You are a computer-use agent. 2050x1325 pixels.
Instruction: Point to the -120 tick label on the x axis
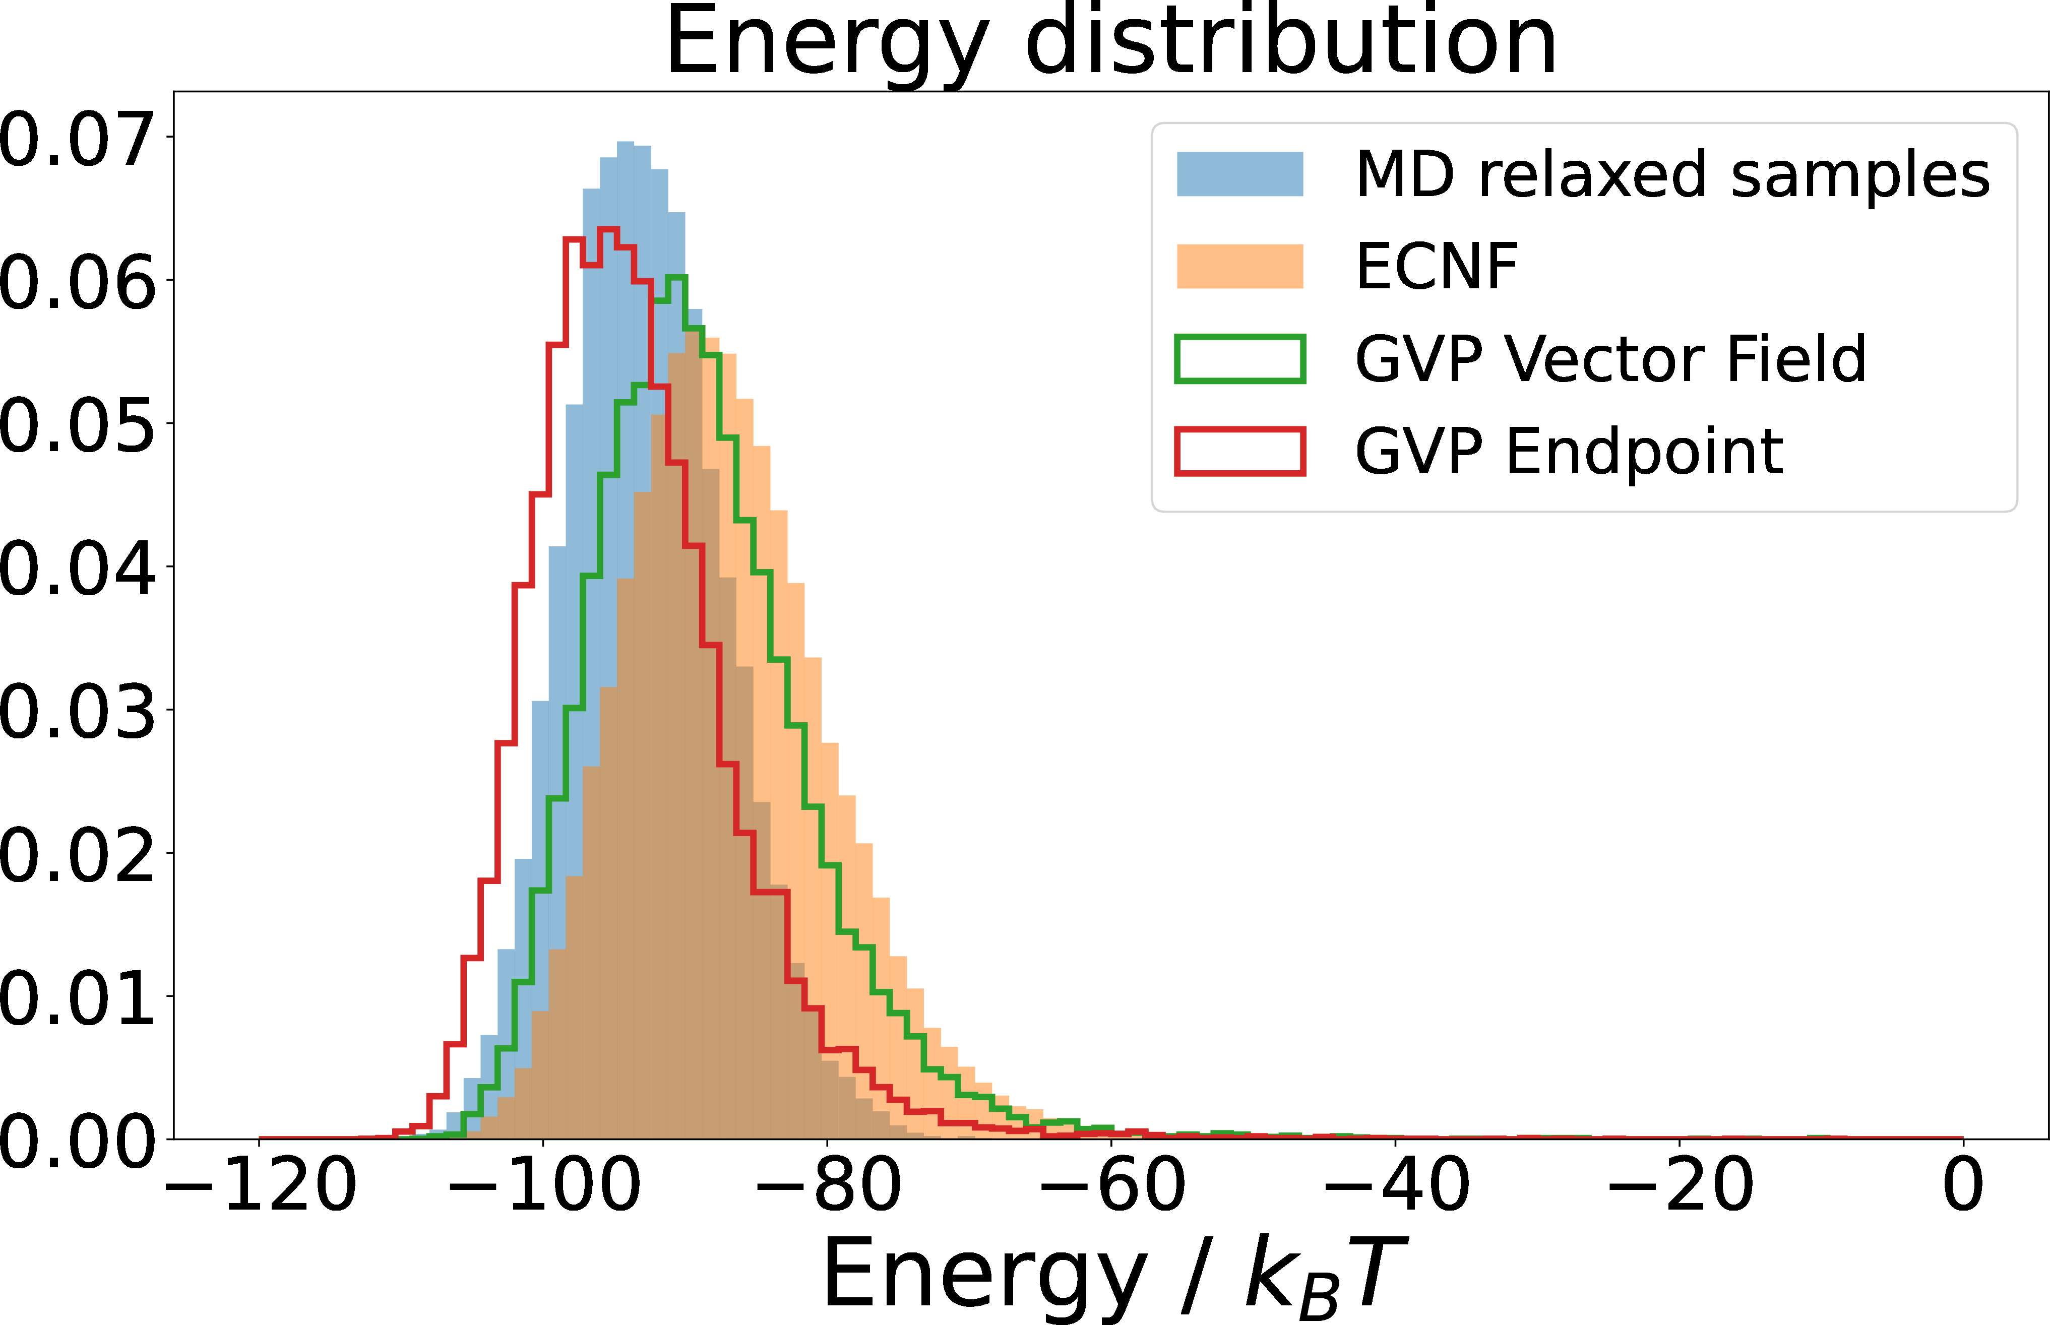click(260, 1185)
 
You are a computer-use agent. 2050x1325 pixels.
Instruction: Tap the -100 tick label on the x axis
click(544, 1185)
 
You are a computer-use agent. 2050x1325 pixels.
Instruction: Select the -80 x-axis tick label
click(828, 1185)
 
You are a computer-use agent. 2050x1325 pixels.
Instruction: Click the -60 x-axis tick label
click(1111, 1185)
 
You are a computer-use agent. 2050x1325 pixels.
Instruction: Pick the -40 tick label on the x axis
click(1395, 1185)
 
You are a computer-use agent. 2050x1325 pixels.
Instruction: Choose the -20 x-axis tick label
click(1679, 1185)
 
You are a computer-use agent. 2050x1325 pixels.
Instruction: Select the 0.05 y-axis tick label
click(76, 424)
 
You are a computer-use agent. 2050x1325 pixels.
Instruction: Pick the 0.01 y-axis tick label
click(76, 997)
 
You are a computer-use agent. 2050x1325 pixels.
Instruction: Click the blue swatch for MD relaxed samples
click(1239, 174)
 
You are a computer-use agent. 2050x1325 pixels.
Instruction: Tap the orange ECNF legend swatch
click(1239, 266)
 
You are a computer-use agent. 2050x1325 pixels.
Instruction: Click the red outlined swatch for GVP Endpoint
click(1239, 451)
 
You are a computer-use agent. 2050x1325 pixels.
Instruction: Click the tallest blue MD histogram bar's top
click(626, 143)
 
